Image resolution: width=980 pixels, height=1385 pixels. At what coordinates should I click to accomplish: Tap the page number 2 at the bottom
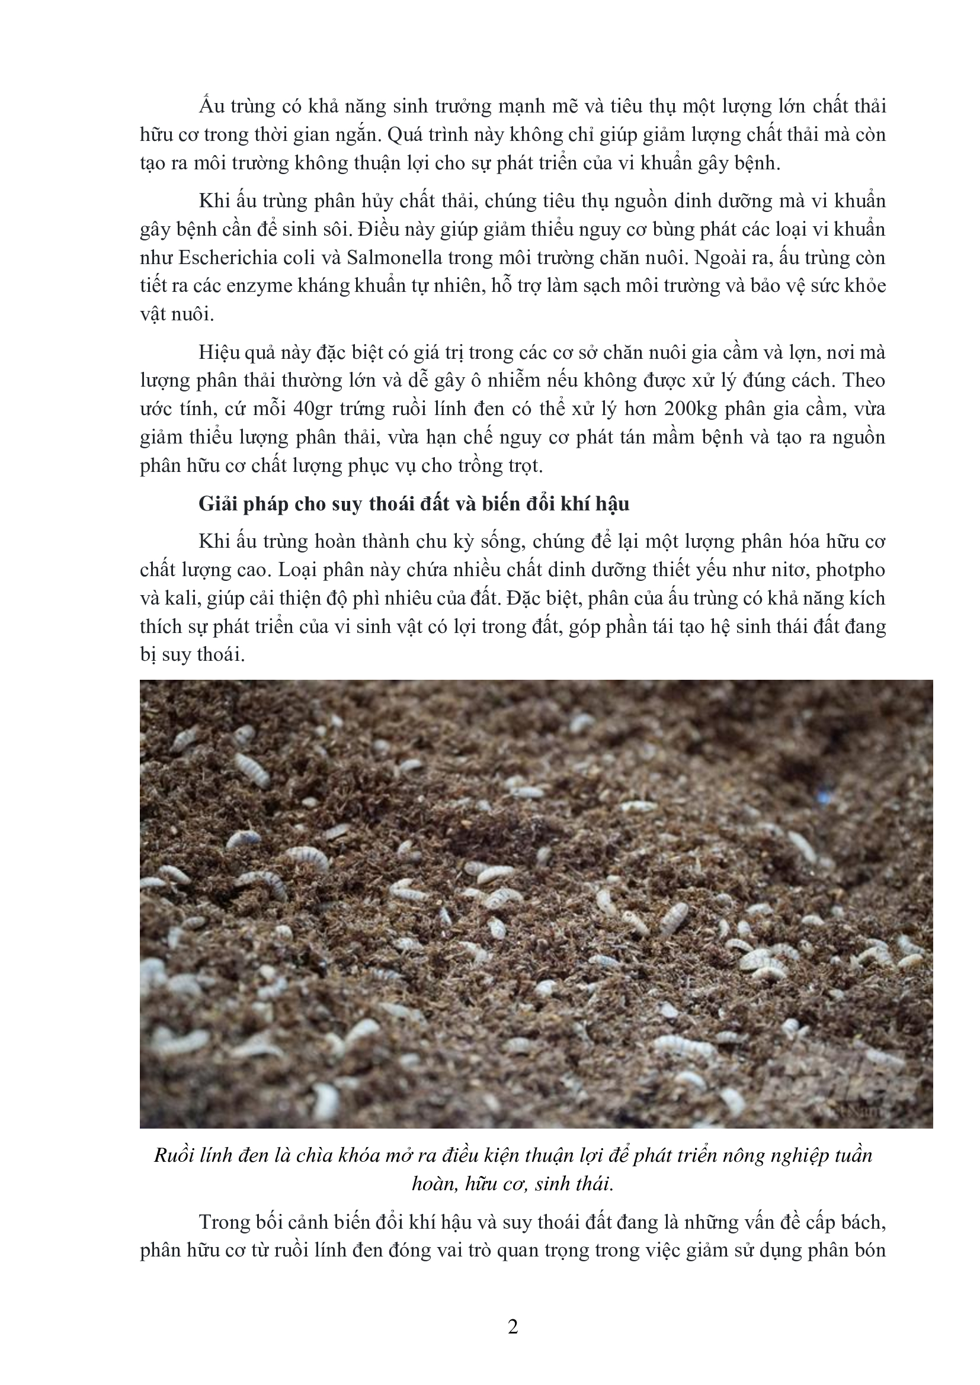513,1327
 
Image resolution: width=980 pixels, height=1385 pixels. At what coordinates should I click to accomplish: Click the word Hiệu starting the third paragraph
220,352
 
